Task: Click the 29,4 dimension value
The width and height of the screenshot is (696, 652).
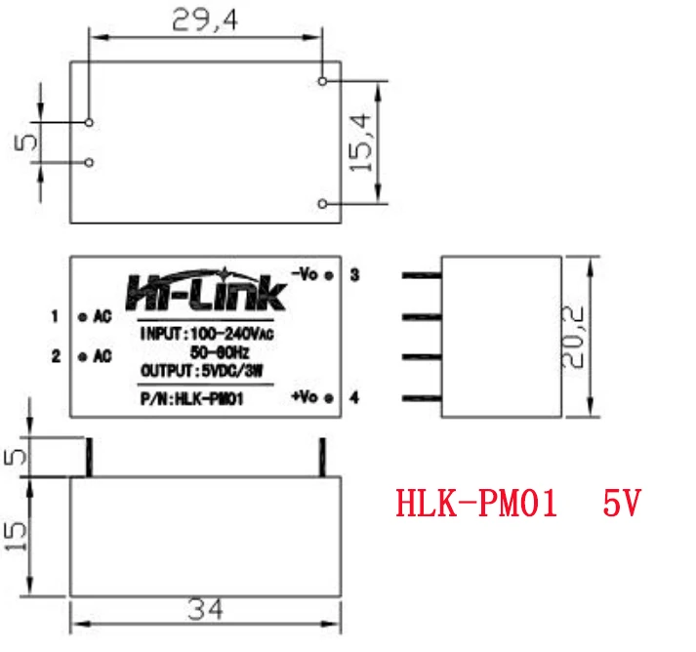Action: (x=204, y=20)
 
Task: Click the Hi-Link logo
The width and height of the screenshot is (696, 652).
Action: (x=206, y=289)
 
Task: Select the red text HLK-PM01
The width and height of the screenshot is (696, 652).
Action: (x=476, y=505)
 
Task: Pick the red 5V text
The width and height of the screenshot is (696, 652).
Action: (x=621, y=505)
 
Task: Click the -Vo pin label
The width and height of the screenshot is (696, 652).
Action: (x=306, y=274)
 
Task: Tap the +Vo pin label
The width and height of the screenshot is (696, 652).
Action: (x=306, y=397)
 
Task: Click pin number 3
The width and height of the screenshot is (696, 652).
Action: (x=354, y=275)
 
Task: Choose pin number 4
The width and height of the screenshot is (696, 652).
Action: (x=354, y=397)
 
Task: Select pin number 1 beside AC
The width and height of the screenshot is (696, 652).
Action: (x=57, y=316)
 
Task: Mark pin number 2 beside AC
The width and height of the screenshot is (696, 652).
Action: (x=57, y=356)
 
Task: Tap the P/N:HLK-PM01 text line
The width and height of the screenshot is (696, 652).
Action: (x=191, y=397)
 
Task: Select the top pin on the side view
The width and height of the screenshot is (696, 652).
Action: (x=421, y=277)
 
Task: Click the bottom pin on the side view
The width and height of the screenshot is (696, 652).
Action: (x=421, y=397)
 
